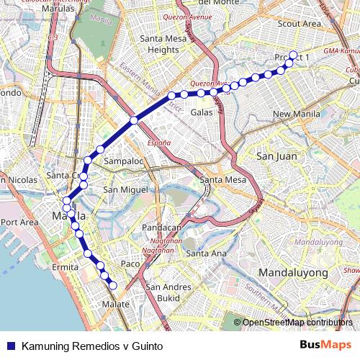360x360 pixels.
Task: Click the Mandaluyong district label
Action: [x=293, y=273]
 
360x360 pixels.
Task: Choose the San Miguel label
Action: [x=126, y=189]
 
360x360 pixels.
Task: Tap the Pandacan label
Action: [x=161, y=227]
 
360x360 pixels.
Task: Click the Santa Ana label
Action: [x=206, y=253]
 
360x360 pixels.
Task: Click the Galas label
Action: [x=201, y=112]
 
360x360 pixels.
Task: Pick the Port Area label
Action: [x=19, y=222]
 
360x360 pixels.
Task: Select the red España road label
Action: [x=159, y=143]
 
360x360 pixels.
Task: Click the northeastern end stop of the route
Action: [x=293, y=55]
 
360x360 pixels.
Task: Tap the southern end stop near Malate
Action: [x=113, y=286]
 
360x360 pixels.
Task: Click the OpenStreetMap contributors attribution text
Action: [x=297, y=322]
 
